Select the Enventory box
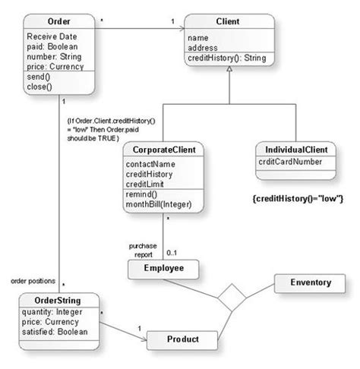coord(310,282)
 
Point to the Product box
coord(183,339)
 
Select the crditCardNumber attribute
coord(288,162)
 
